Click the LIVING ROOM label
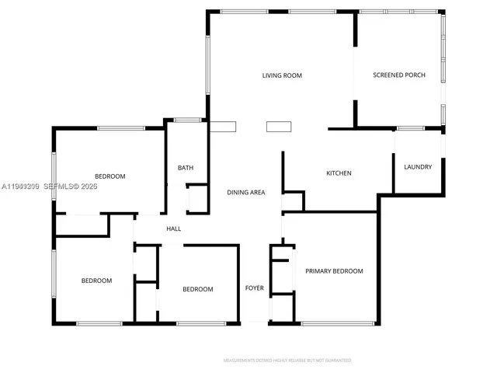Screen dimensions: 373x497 tap(281, 75)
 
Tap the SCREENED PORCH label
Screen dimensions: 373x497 tap(399, 75)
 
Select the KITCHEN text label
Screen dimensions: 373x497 tap(339, 173)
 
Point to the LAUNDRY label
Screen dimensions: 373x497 tap(418, 167)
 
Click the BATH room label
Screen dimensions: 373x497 tap(186, 168)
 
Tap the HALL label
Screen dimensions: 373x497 tap(174, 228)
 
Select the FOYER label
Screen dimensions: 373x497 tap(255, 288)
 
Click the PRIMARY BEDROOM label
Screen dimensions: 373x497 tap(334, 271)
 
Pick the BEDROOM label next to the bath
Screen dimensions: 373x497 tap(109, 176)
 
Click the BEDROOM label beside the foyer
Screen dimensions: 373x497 tap(197, 289)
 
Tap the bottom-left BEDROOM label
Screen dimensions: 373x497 tap(96, 281)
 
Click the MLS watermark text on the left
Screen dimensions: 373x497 tap(49, 186)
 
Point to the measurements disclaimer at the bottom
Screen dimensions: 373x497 tap(287, 361)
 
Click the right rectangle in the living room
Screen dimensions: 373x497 tap(278, 127)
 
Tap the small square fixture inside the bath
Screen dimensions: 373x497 tap(198, 198)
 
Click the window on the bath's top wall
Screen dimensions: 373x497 tap(186, 120)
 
